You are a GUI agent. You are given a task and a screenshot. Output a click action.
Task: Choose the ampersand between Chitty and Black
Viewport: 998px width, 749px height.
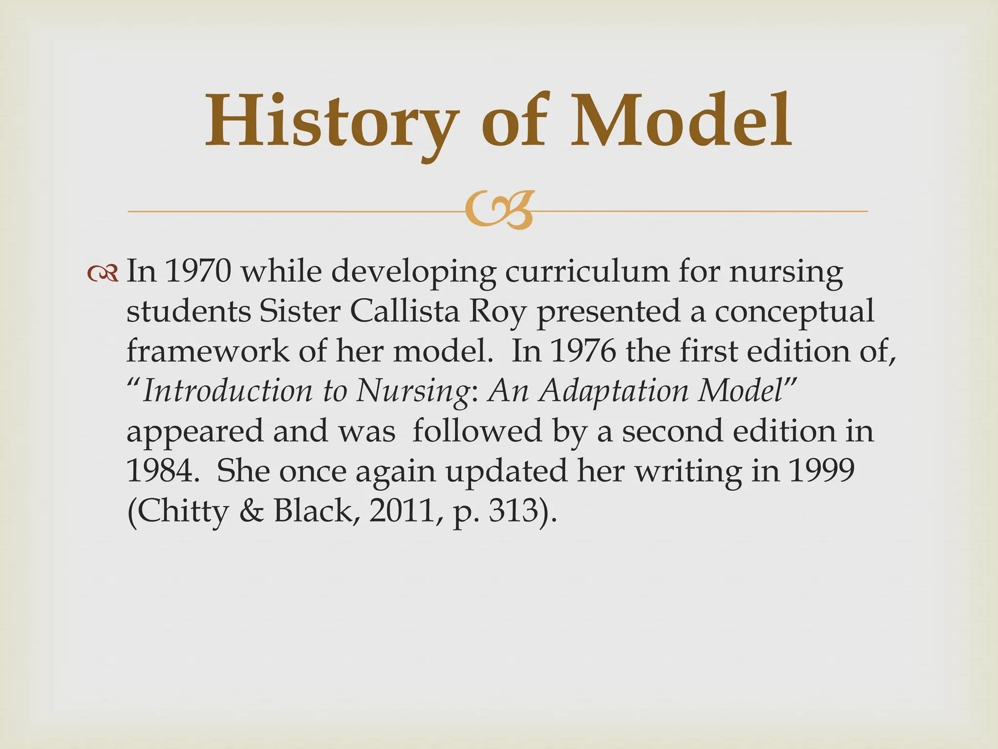pyautogui.click(x=251, y=511)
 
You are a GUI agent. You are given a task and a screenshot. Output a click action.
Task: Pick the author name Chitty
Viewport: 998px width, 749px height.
pyautogui.click(x=177, y=511)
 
